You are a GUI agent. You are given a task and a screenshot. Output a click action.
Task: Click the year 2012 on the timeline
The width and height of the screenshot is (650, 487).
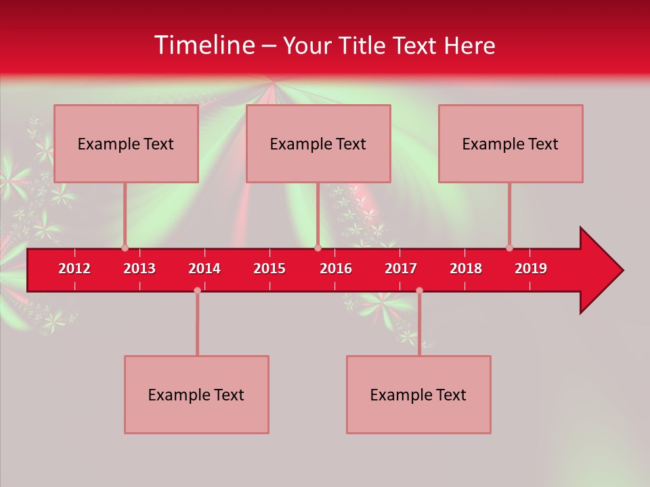coord(74,269)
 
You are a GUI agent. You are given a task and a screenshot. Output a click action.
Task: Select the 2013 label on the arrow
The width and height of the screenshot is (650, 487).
coord(139,269)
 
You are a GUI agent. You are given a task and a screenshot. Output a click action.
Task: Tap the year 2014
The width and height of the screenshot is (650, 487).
coord(204,269)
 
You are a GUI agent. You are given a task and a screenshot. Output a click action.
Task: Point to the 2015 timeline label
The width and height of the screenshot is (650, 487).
coord(269,269)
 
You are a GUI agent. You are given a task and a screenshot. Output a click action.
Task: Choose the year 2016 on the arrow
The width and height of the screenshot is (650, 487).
coord(336,269)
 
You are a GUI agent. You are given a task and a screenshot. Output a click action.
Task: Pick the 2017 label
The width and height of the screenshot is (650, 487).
coord(401,269)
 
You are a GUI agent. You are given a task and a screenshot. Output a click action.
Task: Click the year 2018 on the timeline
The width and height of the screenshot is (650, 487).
coord(466,269)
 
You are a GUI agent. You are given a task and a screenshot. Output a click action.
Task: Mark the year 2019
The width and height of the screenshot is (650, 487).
coord(531,269)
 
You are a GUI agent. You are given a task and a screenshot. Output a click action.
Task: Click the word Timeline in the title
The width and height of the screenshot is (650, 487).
coord(203,45)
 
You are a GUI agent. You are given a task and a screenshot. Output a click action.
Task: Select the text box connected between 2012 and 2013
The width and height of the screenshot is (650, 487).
coord(126,143)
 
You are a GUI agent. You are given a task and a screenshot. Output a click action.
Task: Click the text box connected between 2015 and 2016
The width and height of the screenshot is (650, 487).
coord(318,143)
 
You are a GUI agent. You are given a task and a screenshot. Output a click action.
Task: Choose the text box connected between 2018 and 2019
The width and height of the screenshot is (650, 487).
coord(511,143)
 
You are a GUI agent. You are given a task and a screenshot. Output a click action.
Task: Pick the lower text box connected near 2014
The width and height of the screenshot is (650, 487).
coord(196,394)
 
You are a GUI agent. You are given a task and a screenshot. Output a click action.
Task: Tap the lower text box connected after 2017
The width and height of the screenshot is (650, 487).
coord(418,394)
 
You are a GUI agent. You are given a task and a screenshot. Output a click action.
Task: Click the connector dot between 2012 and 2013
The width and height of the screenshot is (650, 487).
coord(125,248)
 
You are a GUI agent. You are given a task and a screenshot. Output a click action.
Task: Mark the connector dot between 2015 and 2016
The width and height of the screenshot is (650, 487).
coord(318,248)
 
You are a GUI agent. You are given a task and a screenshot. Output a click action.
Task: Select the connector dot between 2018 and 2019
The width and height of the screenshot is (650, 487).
coord(509,248)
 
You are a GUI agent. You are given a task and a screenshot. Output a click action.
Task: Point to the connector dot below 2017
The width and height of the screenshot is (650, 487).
coord(419,290)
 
